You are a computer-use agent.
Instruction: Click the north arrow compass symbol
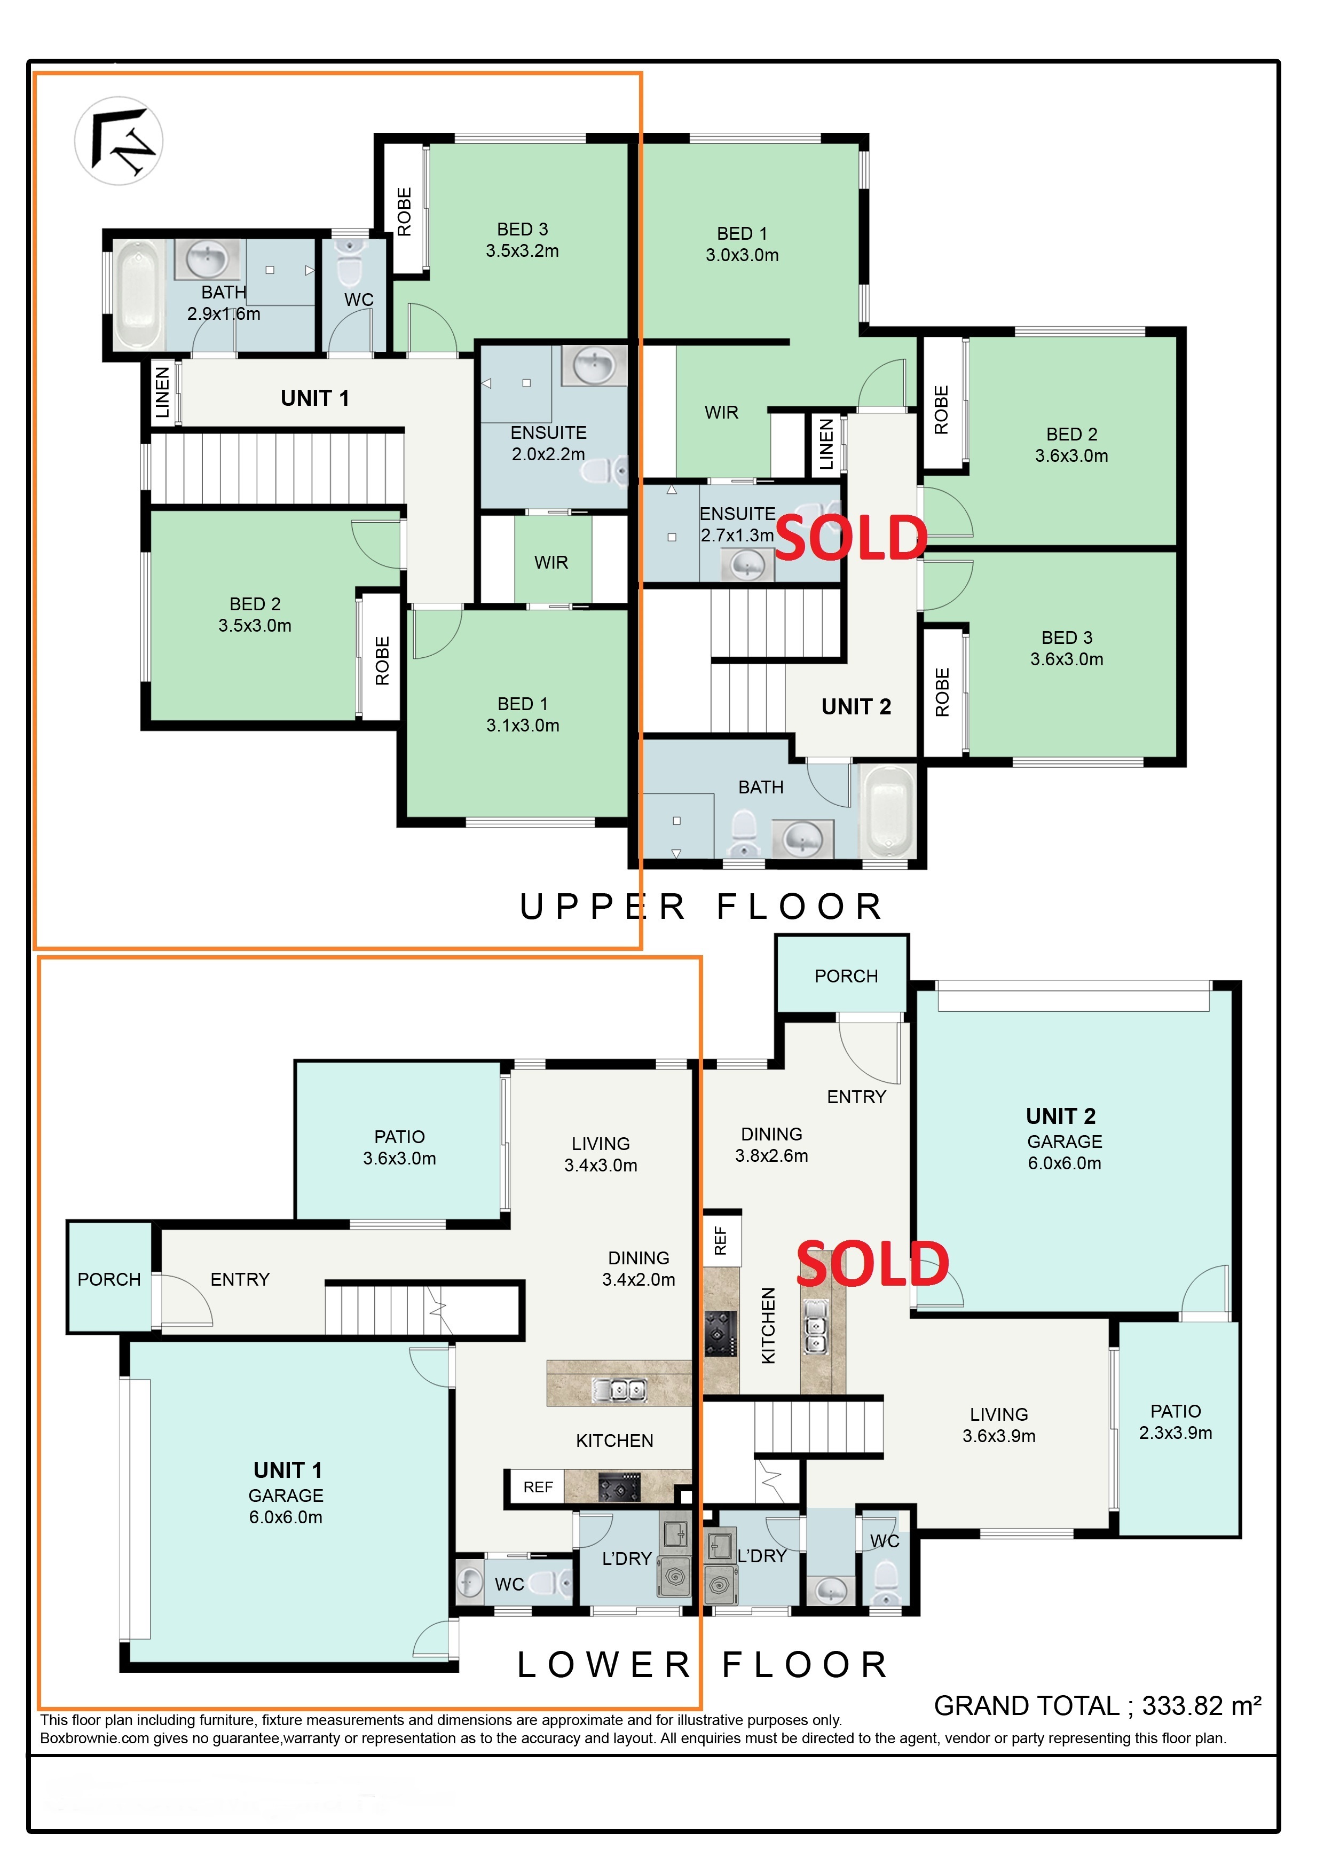coord(119,140)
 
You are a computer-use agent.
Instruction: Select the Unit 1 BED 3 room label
coord(523,240)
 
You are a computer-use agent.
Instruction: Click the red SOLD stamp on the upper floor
coord(851,538)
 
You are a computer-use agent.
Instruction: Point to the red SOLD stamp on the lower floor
coord(873,1264)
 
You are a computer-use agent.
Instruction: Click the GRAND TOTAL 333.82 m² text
coord(1098,1706)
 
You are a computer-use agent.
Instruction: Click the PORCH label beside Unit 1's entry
coord(109,1279)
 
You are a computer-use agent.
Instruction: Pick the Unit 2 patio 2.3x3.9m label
coord(1176,1422)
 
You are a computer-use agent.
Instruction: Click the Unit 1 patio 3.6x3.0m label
coord(400,1147)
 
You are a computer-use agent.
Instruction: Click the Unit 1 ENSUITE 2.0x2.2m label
coord(548,443)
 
